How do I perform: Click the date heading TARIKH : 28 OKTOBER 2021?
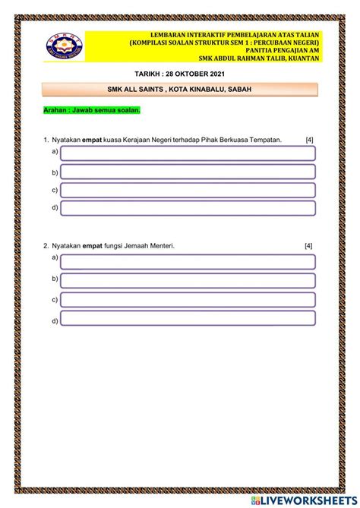[x=179, y=74]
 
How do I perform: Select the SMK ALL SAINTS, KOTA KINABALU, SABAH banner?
[x=180, y=90]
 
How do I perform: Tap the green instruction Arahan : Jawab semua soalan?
[x=92, y=111]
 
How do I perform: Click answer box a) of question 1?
[x=188, y=153]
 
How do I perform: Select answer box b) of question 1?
[x=188, y=172]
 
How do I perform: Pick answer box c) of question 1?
[x=188, y=191]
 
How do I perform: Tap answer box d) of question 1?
[x=188, y=209]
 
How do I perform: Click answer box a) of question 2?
[x=188, y=262]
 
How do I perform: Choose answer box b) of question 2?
[x=188, y=281]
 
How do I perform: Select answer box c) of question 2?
[x=188, y=300]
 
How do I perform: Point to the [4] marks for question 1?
[x=309, y=140]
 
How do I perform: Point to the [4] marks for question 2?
[x=308, y=246]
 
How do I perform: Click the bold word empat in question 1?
[x=93, y=140]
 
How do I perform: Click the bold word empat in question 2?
[x=93, y=246]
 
